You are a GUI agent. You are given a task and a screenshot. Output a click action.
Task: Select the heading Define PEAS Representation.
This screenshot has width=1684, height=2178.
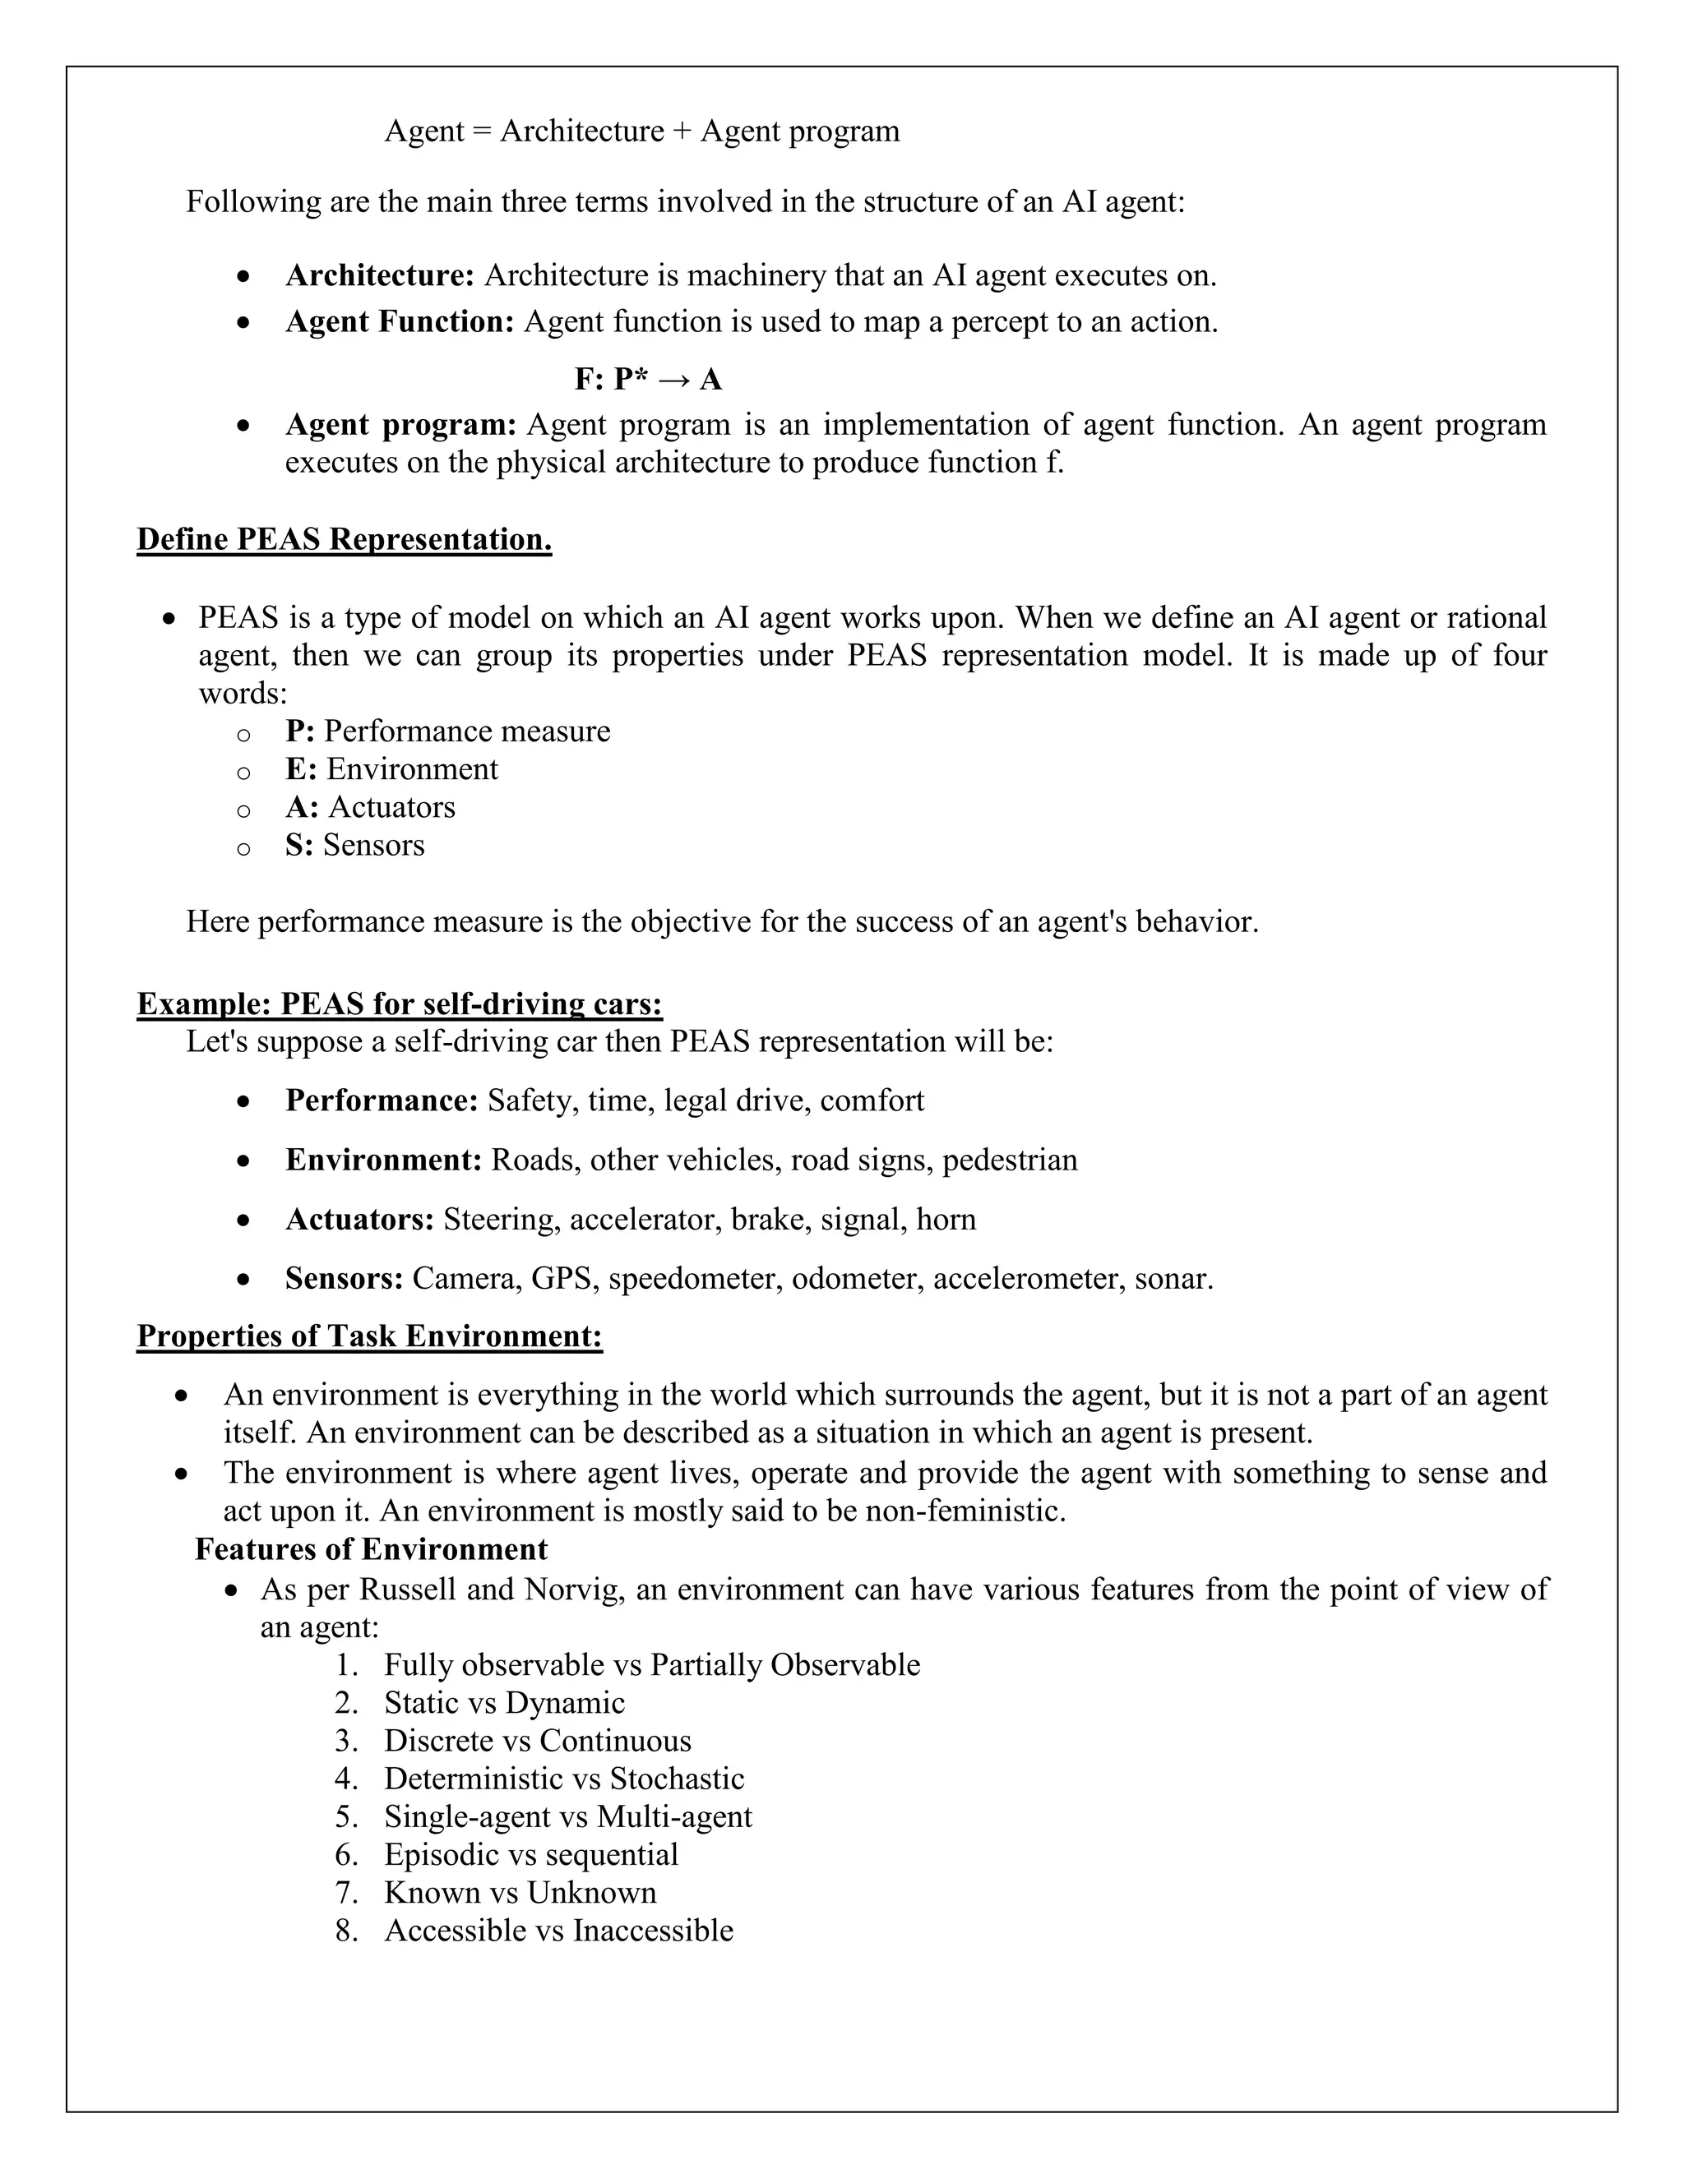345,539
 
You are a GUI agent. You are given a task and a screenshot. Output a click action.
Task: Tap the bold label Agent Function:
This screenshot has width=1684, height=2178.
399,322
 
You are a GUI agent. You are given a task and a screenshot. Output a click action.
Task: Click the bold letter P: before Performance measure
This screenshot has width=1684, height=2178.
299,731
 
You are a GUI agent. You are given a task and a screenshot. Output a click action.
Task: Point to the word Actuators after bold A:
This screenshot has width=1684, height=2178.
392,807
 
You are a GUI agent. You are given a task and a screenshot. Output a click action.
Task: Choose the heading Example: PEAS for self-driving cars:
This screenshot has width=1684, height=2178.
399,1004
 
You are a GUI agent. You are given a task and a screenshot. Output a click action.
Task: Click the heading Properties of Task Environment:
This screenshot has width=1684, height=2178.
369,1336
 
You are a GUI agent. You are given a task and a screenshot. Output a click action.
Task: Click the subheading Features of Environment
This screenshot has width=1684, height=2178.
371,1548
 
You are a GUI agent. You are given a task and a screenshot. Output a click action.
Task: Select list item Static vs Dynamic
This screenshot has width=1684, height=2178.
505,1702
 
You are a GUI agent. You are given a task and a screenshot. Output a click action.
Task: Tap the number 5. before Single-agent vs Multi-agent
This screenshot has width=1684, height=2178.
346,1816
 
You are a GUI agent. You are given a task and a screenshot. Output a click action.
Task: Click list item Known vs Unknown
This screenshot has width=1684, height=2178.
520,1892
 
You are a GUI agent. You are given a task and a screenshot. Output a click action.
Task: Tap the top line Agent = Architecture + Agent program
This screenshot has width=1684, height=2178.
641,132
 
